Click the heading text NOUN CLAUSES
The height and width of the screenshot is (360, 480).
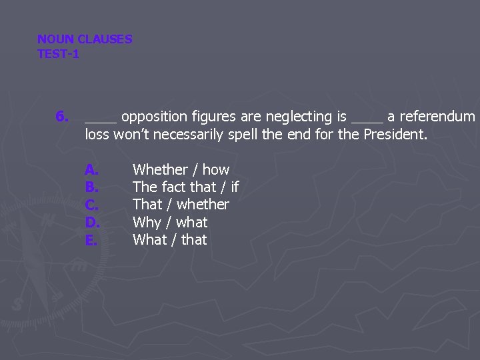click(x=85, y=39)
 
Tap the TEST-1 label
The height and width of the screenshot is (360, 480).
click(x=58, y=54)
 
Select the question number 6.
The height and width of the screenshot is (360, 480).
click(x=61, y=117)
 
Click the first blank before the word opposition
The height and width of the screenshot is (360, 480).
click(x=101, y=120)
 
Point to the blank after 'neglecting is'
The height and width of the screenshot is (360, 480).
click(x=367, y=120)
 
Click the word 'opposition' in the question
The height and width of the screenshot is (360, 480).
click(x=155, y=117)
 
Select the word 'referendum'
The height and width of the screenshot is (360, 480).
click(x=437, y=117)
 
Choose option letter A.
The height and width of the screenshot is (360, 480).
click(x=91, y=170)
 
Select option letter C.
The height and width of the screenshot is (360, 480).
click(x=92, y=205)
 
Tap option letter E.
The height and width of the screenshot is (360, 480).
click(x=91, y=240)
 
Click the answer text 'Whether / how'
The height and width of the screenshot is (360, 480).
click(x=181, y=170)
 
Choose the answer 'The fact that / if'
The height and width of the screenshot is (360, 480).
click(x=185, y=187)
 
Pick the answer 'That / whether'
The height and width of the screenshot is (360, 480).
click(x=181, y=205)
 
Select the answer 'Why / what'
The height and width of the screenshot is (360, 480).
click(x=170, y=223)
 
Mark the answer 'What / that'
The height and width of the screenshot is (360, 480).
click(x=170, y=240)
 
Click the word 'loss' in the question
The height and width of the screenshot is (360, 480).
click(x=97, y=135)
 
